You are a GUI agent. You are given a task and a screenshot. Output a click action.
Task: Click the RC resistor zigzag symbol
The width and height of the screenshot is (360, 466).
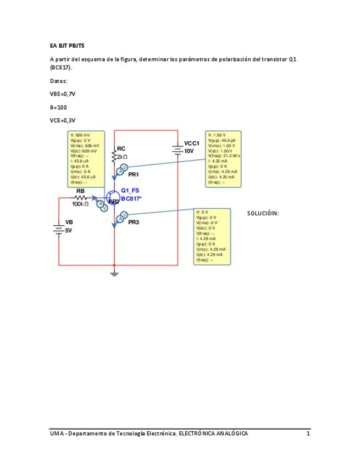(x=114, y=157)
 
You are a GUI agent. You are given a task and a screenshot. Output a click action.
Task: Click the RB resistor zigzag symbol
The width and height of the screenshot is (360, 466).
(x=81, y=198)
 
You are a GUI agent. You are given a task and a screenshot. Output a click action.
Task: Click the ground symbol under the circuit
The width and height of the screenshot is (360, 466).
(x=114, y=273)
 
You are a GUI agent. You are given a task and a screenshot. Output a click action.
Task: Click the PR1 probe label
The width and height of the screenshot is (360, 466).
(x=134, y=174)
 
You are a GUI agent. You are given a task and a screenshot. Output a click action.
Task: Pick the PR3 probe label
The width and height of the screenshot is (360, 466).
(x=134, y=223)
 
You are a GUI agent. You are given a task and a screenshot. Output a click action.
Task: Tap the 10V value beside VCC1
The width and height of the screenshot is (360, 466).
(x=189, y=151)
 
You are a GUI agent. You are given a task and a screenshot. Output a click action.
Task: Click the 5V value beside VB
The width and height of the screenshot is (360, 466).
(x=69, y=231)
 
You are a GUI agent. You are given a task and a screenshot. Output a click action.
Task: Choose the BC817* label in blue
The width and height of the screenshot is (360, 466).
(x=131, y=198)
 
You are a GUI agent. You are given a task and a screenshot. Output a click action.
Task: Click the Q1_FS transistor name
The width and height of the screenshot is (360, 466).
(x=130, y=190)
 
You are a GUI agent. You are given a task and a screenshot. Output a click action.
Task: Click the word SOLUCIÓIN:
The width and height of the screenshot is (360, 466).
(x=263, y=213)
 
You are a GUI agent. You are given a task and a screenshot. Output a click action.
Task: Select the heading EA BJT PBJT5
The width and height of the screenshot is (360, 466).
(x=65, y=46)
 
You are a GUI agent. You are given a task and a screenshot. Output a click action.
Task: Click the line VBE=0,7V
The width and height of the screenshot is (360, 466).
(x=62, y=94)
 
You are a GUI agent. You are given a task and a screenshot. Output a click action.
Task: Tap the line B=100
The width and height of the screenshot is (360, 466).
(x=58, y=107)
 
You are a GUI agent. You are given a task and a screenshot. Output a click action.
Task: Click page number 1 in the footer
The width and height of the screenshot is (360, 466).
(x=308, y=434)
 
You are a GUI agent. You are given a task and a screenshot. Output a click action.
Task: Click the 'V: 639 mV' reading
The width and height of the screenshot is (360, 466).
(x=80, y=135)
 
